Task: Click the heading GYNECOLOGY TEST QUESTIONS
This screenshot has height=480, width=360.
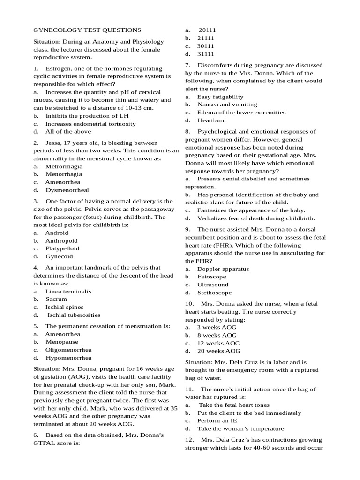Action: click(x=87, y=30)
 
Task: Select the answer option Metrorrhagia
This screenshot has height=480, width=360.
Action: click(x=64, y=166)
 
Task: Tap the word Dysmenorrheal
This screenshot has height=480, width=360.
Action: click(x=67, y=190)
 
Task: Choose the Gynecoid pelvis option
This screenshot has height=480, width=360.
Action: click(x=59, y=256)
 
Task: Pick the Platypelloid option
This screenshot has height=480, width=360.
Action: click(x=62, y=248)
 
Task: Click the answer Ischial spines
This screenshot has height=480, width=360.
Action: click(x=65, y=307)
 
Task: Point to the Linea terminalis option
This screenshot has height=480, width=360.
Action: click(x=68, y=291)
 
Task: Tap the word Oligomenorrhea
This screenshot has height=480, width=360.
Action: click(x=68, y=350)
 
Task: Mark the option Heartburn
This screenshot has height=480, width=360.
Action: click(x=212, y=120)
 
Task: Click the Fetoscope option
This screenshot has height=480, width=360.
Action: click(x=212, y=277)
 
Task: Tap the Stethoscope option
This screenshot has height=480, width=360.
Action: click(x=214, y=292)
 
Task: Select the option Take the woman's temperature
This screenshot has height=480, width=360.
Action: click(x=240, y=428)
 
